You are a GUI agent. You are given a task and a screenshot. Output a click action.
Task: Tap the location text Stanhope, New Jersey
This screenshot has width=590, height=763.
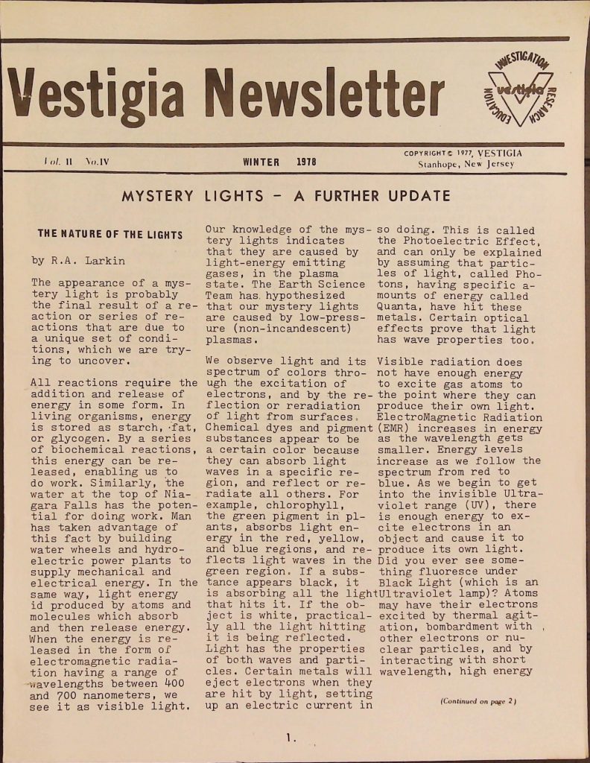coord(466,164)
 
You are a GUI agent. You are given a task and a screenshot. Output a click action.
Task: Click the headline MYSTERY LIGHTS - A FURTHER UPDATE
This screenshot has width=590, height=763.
coord(286,197)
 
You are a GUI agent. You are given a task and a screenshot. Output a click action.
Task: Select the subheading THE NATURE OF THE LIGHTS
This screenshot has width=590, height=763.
coord(110,235)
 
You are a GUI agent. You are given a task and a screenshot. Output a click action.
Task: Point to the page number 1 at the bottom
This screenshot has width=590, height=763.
coord(290,738)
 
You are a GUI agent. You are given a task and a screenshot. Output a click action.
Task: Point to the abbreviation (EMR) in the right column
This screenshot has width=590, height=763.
coord(393,428)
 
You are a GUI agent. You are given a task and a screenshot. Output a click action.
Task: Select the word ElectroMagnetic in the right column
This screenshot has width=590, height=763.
coord(422,417)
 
